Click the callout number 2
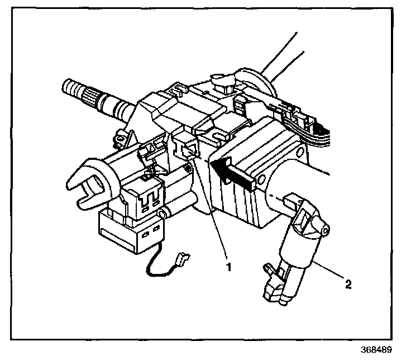click(x=348, y=284)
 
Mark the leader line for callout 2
click(x=329, y=272)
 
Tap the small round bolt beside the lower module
click(x=164, y=215)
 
